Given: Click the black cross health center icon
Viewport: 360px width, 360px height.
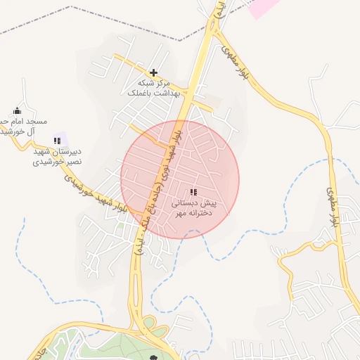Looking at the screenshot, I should point(153,72).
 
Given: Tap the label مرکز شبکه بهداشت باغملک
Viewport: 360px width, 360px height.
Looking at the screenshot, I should point(154,88).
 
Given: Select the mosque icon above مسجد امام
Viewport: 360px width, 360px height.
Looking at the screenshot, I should point(18,110).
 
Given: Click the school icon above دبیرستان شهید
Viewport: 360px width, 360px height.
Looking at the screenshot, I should point(57,141).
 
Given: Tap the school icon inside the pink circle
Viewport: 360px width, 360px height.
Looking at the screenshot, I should point(193,192).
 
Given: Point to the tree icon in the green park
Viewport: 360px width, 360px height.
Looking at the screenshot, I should point(154,357).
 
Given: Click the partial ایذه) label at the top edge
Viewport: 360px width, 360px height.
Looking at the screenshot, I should point(219,8).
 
